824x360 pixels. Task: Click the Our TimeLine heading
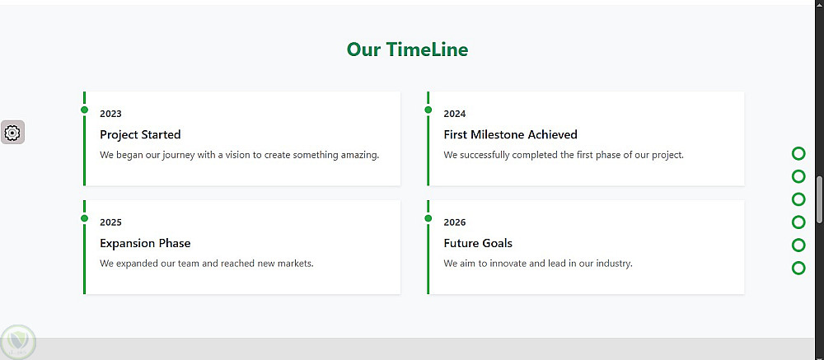click(407, 49)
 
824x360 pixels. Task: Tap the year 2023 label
click(110, 114)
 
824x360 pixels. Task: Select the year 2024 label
click(455, 114)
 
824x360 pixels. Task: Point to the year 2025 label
click(110, 222)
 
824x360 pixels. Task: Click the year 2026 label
click(455, 222)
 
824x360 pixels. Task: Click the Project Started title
click(140, 134)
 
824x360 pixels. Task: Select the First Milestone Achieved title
click(510, 134)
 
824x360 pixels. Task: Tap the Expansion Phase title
click(145, 243)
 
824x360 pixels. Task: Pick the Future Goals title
click(478, 243)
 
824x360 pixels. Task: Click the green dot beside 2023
click(84, 110)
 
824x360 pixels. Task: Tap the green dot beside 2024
click(428, 110)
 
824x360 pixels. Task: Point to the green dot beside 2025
click(84, 218)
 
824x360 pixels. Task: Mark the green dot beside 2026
click(428, 218)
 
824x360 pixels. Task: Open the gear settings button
click(12, 133)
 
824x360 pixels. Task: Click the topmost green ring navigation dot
click(798, 153)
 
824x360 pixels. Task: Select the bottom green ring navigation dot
click(798, 268)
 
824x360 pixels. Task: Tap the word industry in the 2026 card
click(613, 264)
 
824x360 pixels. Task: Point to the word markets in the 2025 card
click(295, 264)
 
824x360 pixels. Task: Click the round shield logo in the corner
click(18, 342)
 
